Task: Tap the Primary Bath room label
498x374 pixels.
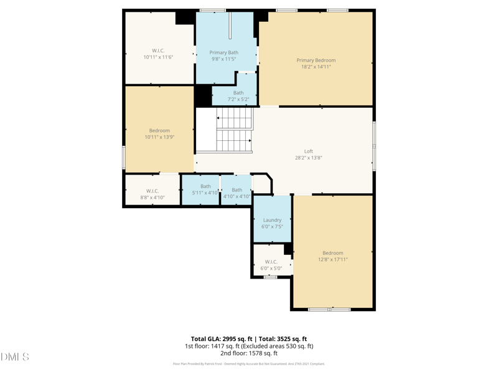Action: pos(223,53)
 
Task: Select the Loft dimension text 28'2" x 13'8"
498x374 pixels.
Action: pos(308,158)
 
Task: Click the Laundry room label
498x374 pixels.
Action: pos(272,220)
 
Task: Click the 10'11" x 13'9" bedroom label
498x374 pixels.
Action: pos(159,131)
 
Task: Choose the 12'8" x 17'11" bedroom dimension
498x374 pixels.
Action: pos(332,259)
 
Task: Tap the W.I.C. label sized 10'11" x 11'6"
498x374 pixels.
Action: pos(159,50)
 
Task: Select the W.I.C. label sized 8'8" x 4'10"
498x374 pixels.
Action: pos(153,191)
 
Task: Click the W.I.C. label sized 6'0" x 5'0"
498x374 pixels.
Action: pos(271,262)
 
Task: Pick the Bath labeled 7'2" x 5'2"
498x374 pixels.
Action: pos(238,93)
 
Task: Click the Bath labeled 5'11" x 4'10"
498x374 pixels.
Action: pos(205,187)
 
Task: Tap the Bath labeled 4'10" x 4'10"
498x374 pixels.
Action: pos(237,190)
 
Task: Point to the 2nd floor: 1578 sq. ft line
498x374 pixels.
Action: pos(248,353)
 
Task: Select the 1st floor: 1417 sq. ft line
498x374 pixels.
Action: pos(248,346)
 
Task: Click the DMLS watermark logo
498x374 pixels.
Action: pos(15,357)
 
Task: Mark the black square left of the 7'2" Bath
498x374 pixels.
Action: pos(203,95)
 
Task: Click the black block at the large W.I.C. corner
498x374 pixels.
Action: pos(185,17)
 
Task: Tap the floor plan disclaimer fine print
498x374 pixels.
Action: pos(248,364)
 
